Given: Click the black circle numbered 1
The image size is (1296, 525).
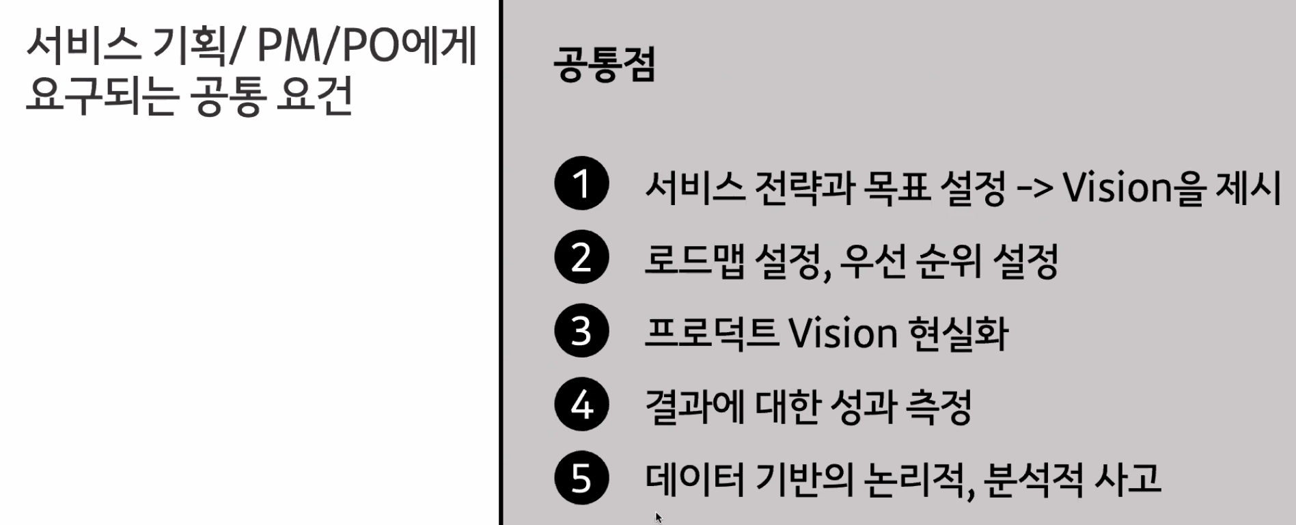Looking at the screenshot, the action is pyautogui.click(x=581, y=183).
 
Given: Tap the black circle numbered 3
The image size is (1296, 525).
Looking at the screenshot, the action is pyautogui.click(x=581, y=331).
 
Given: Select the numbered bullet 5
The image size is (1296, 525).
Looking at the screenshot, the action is pyautogui.click(x=581, y=478).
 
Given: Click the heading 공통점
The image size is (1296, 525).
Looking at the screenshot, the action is pyautogui.click(x=605, y=64).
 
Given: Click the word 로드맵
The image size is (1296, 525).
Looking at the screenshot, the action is pyautogui.click(x=695, y=260).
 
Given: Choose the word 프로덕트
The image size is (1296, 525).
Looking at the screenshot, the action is pyautogui.click(x=711, y=333).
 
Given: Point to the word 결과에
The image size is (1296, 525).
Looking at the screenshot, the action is pyautogui.click(x=694, y=407).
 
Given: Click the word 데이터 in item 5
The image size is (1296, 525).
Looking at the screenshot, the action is pyautogui.click(x=694, y=479).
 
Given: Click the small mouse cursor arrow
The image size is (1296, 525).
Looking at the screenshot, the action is pyautogui.click(x=658, y=517).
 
